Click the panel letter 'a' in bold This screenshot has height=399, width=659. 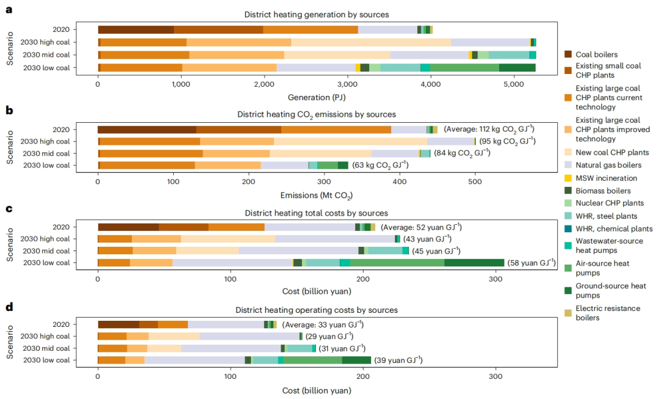pyautogui.click(x=9, y=10)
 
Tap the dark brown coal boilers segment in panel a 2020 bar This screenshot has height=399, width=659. pyautogui.click(x=135, y=30)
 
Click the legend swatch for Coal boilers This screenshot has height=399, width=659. pyautogui.click(x=568, y=54)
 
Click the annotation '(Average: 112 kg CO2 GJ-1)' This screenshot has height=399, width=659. pyautogui.click(x=489, y=129)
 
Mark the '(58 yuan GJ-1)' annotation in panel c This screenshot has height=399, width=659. pyautogui.click(x=531, y=263)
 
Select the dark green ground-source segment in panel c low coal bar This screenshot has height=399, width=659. pyautogui.click(x=474, y=263)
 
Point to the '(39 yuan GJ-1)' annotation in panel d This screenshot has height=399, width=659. pyautogui.click(x=398, y=361)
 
